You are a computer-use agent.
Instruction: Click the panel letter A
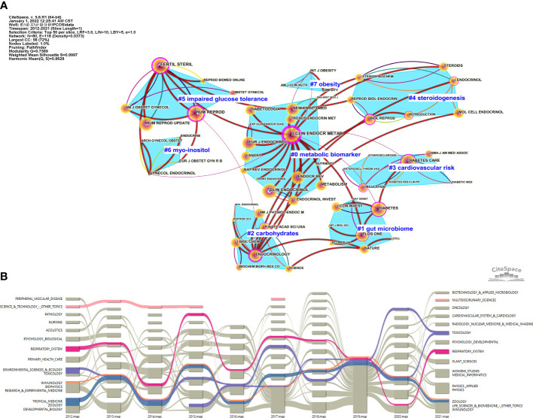click(x=6, y=6)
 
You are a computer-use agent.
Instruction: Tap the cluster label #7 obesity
click(x=315, y=83)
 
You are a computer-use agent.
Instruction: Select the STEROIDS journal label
click(x=453, y=66)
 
